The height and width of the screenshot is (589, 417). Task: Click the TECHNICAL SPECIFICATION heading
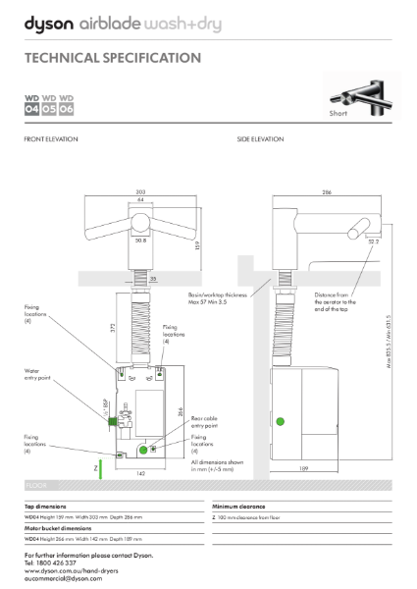(113, 58)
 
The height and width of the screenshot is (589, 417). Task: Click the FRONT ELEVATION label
(51, 139)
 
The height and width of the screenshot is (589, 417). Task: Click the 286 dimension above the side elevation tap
(326, 193)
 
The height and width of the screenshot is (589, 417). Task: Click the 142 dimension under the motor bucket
(140, 473)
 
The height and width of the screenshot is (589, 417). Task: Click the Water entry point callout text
(38, 374)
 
